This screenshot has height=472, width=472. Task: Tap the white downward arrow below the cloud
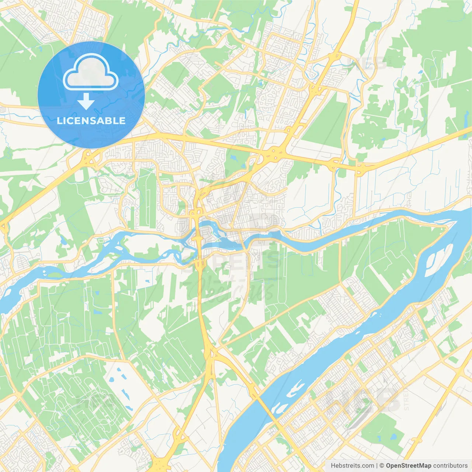coord(86,101)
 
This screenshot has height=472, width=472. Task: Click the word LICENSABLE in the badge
coord(91,121)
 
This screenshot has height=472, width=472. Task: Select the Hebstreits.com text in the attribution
coord(352,466)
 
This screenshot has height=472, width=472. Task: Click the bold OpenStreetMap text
coord(408,466)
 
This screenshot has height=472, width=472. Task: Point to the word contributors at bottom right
coord(450,466)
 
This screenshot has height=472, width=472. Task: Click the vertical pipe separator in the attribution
coord(376,466)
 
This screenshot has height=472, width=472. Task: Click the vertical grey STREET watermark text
coord(406,400)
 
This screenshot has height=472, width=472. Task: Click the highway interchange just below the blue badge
coord(88,159)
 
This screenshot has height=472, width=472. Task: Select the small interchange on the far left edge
coord(4,227)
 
